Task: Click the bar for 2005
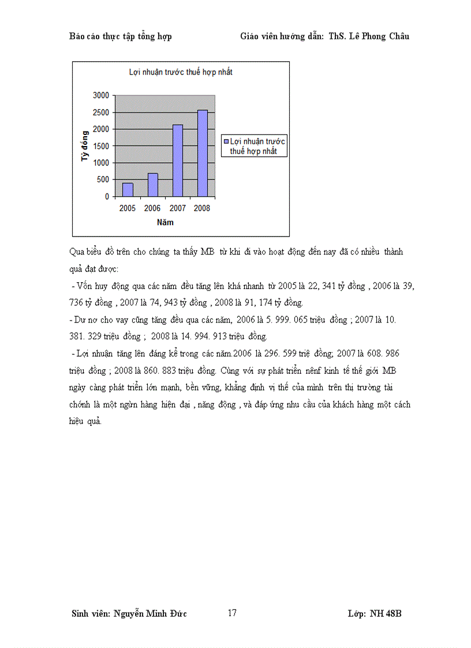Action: click(128, 189)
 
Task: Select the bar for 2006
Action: click(152, 185)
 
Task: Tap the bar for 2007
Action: click(178, 160)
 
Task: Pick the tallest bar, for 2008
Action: click(203, 153)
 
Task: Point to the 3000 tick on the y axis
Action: click(100, 95)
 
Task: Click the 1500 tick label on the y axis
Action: click(100, 146)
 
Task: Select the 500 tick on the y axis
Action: click(103, 179)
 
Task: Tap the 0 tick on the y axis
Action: click(107, 197)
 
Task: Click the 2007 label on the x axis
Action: click(177, 208)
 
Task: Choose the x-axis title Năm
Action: click(165, 222)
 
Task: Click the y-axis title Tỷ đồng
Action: click(85, 145)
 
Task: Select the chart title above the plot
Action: click(180, 73)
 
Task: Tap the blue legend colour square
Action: click(226, 141)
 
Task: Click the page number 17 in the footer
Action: click(232, 613)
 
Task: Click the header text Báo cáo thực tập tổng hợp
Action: click(120, 36)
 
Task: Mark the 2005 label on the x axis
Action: click(128, 208)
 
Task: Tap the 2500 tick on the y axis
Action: click(100, 112)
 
